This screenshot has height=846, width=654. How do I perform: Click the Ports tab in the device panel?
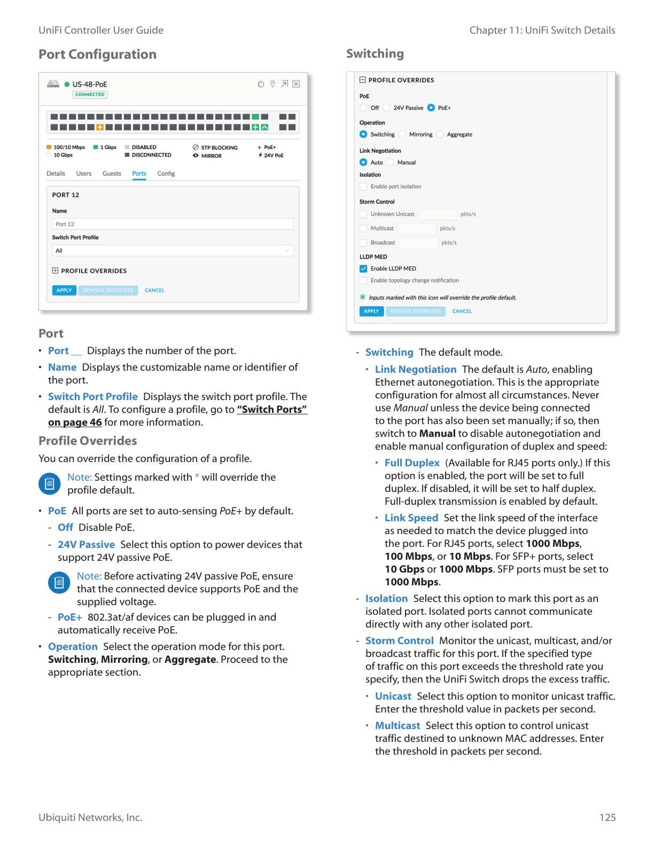point(139,174)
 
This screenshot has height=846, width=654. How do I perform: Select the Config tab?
point(166,174)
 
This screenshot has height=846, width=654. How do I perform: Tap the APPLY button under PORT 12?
point(64,291)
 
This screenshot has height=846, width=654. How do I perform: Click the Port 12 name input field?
point(173,224)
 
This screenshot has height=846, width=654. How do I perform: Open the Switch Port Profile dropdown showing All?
point(173,250)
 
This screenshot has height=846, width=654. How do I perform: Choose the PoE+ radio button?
point(431,108)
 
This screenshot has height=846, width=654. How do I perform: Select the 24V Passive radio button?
point(386,108)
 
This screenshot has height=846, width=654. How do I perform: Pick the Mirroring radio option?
point(402,135)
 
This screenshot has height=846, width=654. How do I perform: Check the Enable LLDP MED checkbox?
point(363,269)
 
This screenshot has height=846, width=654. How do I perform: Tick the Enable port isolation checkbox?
point(363,186)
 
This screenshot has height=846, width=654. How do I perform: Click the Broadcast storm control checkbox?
point(363,242)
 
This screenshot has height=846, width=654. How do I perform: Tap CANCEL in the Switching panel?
point(462,311)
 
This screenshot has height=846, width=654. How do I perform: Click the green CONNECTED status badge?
point(90,95)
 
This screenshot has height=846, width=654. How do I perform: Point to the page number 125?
point(608,818)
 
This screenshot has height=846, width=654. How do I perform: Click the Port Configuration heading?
point(97,54)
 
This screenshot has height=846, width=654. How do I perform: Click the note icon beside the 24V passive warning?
point(59,582)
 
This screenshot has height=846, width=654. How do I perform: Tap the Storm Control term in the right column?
point(399,641)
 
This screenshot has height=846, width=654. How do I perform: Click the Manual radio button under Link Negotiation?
point(391,162)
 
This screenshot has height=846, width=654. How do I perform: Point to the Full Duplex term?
point(412,463)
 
